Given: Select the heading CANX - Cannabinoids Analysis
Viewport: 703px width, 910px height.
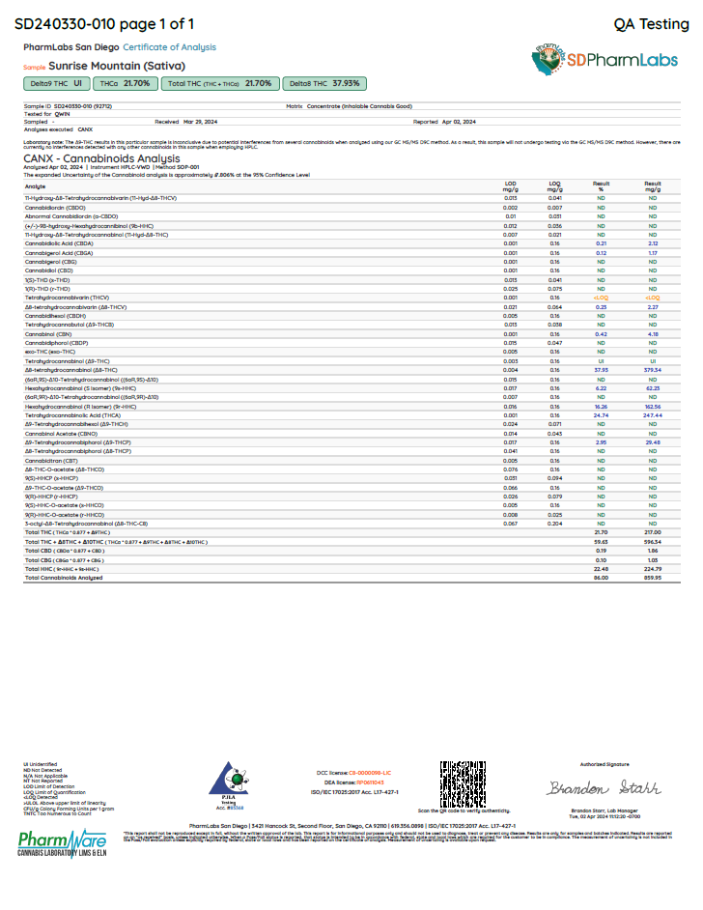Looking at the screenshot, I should (x=101, y=158).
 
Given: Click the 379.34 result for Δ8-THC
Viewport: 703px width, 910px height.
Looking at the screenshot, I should (x=653, y=370).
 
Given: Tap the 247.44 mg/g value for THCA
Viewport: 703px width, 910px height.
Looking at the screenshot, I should (x=653, y=414).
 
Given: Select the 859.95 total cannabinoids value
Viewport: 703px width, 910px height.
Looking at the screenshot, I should (x=653, y=577).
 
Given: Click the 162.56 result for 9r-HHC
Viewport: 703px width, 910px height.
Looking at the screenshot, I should (x=653, y=407).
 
